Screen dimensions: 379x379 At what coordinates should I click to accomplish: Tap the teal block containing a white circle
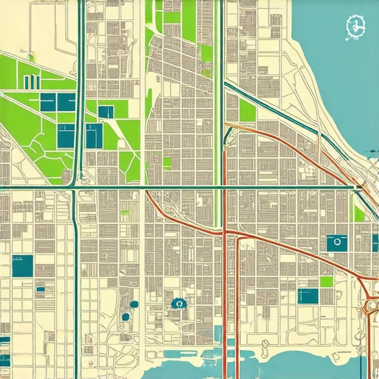click(337, 243)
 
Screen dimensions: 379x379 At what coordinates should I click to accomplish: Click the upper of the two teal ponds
click(135, 304)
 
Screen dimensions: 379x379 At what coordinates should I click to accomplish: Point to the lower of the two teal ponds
click(125, 317)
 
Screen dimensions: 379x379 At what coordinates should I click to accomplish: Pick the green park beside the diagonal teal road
click(247, 111)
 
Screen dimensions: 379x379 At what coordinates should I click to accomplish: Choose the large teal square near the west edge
click(22, 266)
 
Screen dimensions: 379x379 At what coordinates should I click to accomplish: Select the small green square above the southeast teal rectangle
click(326, 281)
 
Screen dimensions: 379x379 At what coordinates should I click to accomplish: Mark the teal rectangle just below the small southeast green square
click(308, 296)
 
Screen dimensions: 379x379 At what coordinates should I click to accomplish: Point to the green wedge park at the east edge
click(360, 213)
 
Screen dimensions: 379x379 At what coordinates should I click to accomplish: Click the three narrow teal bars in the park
click(30, 81)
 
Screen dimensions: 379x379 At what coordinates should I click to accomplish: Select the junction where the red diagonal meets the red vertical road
click(227, 235)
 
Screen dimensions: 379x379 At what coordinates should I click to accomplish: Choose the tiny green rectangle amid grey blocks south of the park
click(167, 162)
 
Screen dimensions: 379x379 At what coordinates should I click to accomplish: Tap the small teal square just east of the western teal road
click(106, 112)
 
